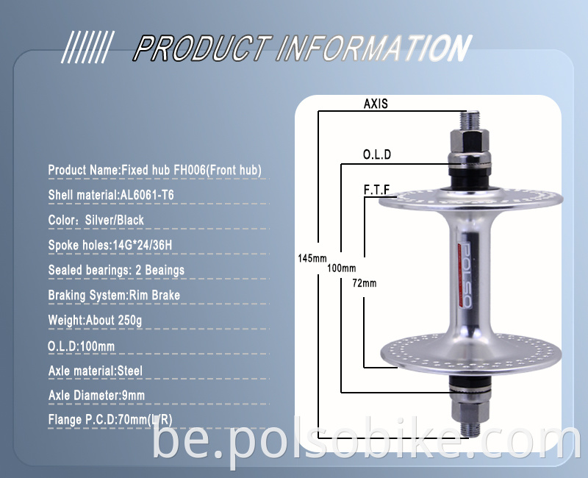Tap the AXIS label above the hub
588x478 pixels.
click(x=376, y=104)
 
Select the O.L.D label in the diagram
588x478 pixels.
click(x=377, y=154)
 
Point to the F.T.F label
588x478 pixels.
click(x=376, y=189)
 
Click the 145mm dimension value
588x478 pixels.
click(x=312, y=258)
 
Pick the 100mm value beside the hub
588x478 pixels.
click(x=341, y=268)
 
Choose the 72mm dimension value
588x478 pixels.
click(x=364, y=282)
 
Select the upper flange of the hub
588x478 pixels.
click(x=471, y=199)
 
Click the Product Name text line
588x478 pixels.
click(x=155, y=170)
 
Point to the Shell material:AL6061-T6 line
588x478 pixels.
click(x=111, y=195)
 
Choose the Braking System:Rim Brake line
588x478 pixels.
click(x=114, y=295)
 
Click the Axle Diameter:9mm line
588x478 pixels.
click(x=96, y=396)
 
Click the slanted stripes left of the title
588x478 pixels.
click(x=87, y=49)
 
